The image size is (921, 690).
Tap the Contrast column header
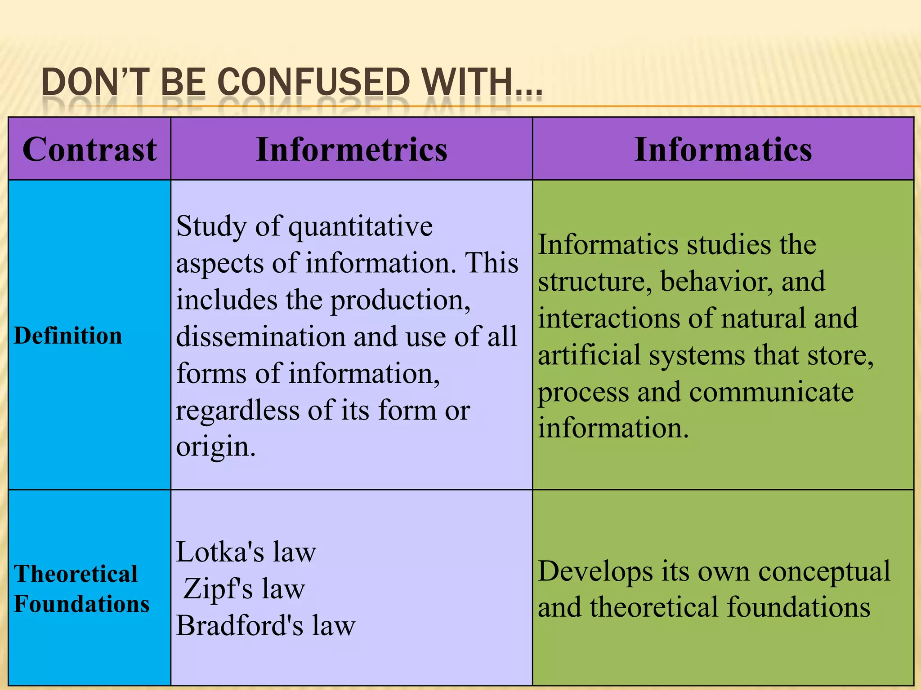(x=89, y=149)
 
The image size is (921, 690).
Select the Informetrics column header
(x=352, y=149)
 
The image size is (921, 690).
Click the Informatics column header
(x=723, y=149)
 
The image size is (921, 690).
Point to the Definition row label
(x=68, y=336)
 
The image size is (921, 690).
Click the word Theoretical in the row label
(x=76, y=574)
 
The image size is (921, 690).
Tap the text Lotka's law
(x=246, y=552)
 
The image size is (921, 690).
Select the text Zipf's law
(x=244, y=588)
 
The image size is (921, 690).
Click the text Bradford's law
(x=265, y=625)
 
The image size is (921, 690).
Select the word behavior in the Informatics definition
(x=716, y=282)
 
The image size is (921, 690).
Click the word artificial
(x=590, y=355)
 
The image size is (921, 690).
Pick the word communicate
(x=771, y=392)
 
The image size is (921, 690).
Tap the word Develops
(x=595, y=572)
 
